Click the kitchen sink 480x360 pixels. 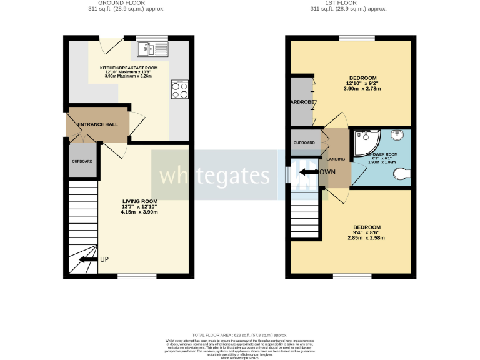[151, 48]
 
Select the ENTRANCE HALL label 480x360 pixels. [97, 124]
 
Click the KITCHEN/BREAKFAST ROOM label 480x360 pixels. [129, 67]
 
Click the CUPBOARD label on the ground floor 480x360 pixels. [82, 161]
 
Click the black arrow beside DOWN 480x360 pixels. [308, 172]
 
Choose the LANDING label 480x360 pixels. [336, 159]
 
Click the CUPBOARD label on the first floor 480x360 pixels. [304, 143]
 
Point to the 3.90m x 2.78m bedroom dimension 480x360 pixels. [362, 89]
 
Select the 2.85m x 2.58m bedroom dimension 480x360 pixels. [366, 238]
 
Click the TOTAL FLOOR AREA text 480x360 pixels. [240, 335]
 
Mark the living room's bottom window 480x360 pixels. [137, 276]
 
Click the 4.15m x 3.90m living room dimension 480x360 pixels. [139, 212]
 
